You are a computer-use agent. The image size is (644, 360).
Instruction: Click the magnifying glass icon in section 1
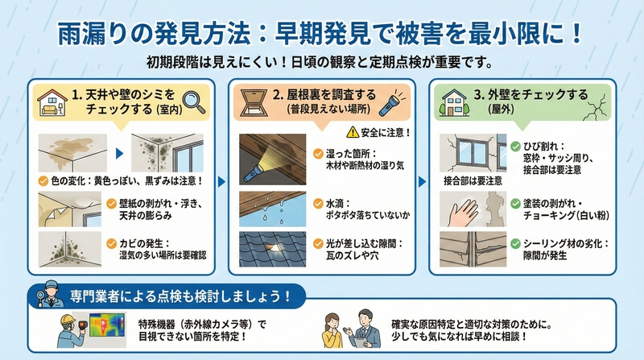pyautogui.click(x=193, y=101)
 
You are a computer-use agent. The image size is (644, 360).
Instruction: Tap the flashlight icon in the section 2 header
pyautogui.click(x=391, y=102)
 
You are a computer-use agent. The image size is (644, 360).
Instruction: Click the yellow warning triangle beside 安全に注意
pyautogui.click(x=353, y=132)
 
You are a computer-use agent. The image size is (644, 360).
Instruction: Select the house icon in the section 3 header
pyautogui.click(x=454, y=102)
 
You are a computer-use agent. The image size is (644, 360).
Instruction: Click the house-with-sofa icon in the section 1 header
pyautogui.click(x=52, y=102)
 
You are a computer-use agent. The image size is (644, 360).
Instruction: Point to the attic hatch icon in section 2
pyautogui.click(x=254, y=103)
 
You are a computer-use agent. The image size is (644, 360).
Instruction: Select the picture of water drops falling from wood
pyautogui.click(x=272, y=209)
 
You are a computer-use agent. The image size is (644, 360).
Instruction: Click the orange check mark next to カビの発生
pyautogui.click(x=112, y=244)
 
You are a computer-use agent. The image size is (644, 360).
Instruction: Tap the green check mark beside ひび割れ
pyautogui.click(x=515, y=147)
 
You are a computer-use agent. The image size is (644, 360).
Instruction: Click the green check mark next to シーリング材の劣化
pyautogui.click(x=515, y=244)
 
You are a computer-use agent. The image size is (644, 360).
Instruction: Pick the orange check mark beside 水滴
pyautogui.click(x=318, y=204)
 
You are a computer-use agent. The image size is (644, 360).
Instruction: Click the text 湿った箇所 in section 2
pyautogui.click(x=345, y=154)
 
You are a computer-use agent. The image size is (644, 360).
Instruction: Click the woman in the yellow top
pyautogui.click(x=333, y=330)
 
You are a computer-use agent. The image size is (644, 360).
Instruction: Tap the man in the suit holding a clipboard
pyautogui.click(x=363, y=329)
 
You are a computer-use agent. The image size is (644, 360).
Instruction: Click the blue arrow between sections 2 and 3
pyautogui.click(x=422, y=181)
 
